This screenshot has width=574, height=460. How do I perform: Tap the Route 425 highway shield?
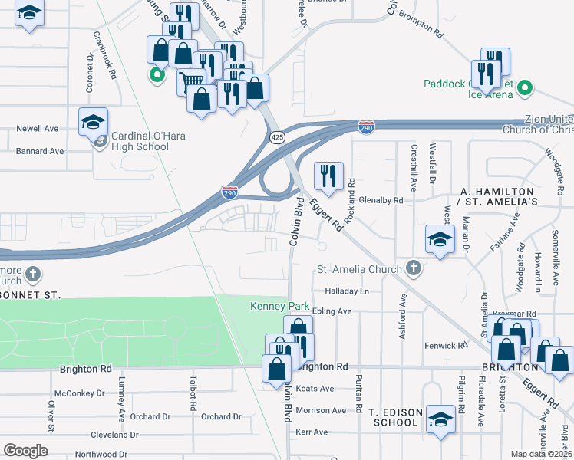click(x=276, y=136)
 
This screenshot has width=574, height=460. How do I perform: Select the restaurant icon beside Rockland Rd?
click(x=328, y=176)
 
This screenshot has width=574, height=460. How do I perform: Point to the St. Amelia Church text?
click(x=359, y=269)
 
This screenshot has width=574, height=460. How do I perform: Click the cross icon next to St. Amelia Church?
click(x=414, y=268)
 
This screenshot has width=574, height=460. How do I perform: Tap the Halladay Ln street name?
click(x=347, y=291)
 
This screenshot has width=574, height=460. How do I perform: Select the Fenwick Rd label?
click(x=445, y=347)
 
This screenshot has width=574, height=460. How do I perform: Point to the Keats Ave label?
click(x=315, y=389)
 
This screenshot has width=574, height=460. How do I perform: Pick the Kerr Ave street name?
click(x=312, y=432)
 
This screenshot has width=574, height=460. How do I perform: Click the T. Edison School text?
click(x=396, y=417)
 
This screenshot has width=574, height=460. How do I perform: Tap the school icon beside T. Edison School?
click(x=440, y=419)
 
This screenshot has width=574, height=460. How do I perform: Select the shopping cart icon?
click(x=191, y=79)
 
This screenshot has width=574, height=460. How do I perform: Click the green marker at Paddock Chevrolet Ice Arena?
click(x=525, y=87)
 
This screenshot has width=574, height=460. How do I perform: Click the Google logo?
click(x=25, y=451)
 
